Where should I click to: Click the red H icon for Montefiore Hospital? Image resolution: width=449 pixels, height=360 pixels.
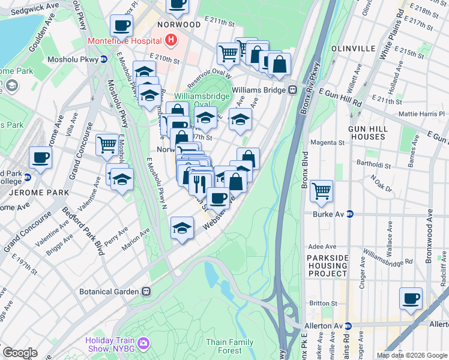(x=171, y=41)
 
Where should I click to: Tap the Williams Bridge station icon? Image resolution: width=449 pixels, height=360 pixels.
(x=293, y=90)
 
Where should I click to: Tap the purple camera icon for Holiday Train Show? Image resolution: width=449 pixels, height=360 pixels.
(x=143, y=343)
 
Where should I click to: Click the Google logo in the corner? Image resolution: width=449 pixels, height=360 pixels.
(x=20, y=353)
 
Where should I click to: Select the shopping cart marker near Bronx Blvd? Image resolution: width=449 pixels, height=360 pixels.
(x=321, y=191)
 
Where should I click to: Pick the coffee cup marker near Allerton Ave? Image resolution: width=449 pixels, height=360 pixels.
(x=411, y=298)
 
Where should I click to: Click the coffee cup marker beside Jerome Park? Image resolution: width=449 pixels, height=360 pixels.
(x=40, y=157)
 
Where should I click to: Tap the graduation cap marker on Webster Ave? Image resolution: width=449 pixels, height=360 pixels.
(x=182, y=228)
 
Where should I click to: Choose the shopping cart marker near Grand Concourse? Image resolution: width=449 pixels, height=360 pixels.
(x=107, y=143)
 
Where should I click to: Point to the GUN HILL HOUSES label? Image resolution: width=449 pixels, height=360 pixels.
(x=367, y=133)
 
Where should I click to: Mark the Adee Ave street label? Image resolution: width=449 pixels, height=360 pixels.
(x=322, y=246)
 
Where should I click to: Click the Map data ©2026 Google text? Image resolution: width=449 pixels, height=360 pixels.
(x=412, y=355)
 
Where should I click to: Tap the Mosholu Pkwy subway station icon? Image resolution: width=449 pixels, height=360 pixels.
(x=104, y=59)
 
